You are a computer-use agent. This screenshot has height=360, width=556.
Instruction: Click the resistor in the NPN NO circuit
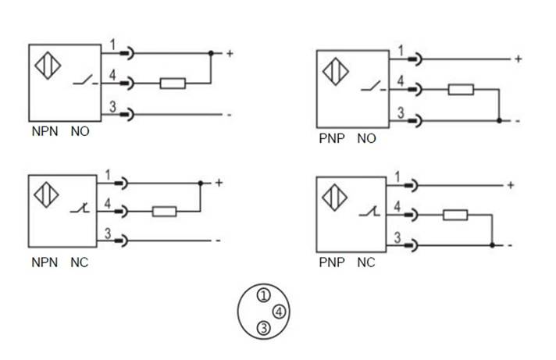point(172,83)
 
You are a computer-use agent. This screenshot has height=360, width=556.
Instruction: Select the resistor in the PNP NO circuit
point(461,89)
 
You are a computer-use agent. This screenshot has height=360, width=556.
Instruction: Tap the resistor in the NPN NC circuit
point(164,210)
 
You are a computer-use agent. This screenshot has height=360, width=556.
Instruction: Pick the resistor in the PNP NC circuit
point(454,216)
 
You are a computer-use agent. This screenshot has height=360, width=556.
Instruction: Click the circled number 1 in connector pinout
point(264,295)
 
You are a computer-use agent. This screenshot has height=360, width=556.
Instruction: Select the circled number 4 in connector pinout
point(280,312)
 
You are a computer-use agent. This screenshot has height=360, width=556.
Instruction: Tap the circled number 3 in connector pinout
point(264,329)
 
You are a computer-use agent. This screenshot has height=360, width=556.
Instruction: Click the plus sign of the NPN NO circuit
point(230,54)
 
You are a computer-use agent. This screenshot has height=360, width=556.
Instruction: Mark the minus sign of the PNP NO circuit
point(517,121)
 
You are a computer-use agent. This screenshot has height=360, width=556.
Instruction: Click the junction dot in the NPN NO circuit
point(211,54)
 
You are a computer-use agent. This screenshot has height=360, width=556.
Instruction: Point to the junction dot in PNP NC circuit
point(491,245)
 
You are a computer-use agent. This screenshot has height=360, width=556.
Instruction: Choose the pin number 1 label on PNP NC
point(400,177)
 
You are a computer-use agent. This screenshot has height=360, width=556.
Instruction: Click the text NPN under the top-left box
point(45,132)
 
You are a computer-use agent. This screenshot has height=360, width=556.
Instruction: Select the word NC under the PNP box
point(365,262)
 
